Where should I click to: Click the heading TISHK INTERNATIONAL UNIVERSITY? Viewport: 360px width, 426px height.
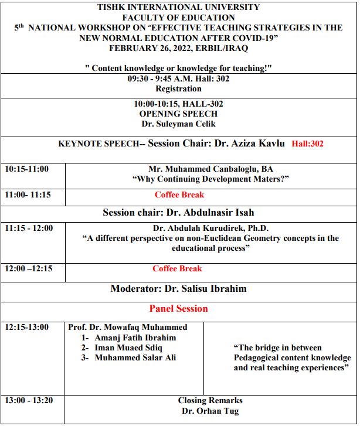pyautogui.click(x=179, y=8)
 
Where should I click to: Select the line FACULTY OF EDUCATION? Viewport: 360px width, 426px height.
pyautogui.click(x=179, y=18)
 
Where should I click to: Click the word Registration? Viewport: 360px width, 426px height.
pyautogui.click(x=178, y=89)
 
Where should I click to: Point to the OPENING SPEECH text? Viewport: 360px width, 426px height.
pyautogui.click(x=178, y=114)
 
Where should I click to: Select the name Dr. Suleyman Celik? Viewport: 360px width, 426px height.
pyautogui.click(x=178, y=124)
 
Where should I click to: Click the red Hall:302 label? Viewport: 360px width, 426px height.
pyautogui.click(x=307, y=144)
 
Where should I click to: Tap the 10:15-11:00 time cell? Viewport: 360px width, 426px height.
pyautogui.click(x=27, y=169)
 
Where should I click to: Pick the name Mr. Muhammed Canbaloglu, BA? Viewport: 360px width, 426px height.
pyautogui.click(x=211, y=169)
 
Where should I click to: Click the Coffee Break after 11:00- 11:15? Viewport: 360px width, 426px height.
pyautogui.click(x=179, y=195)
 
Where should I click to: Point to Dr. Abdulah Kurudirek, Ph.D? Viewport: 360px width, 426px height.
pyautogui.click(x=210, y=229)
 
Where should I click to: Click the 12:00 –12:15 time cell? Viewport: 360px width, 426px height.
pyautogui.click(x=28, y=269)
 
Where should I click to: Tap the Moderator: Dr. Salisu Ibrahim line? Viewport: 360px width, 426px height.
pyautogui.click(x=178, y=288)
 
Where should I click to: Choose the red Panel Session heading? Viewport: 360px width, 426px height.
pyautogui.click(x=178, y=308)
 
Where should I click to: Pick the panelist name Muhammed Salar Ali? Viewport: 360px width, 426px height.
pyautogui.click(x=135, y=357)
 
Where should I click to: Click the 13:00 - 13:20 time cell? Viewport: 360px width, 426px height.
pyautogui.click(x=29, y=401)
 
